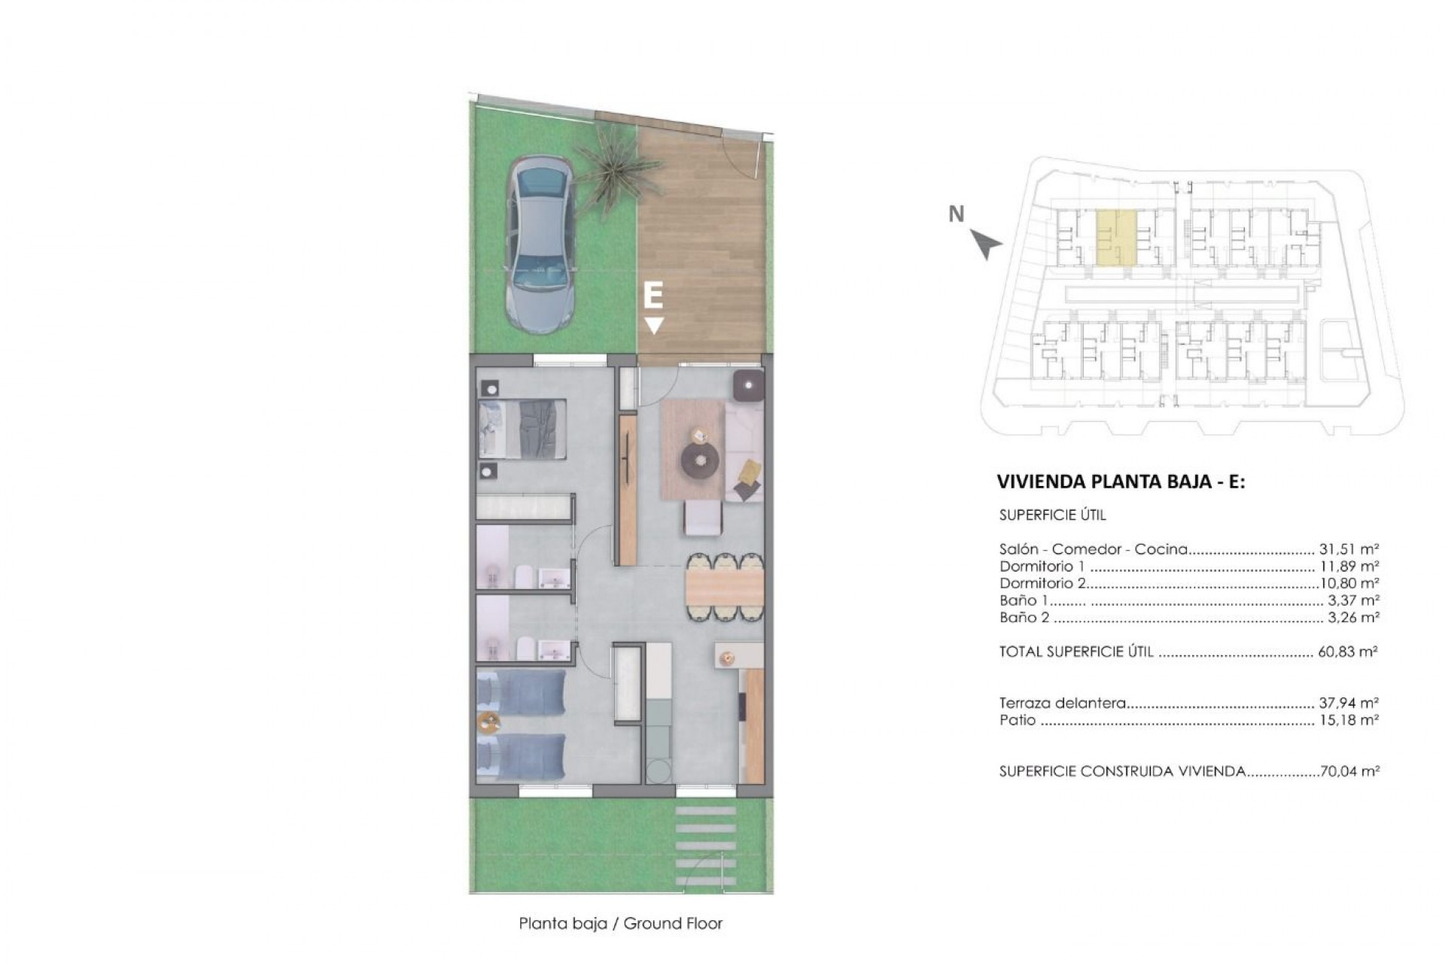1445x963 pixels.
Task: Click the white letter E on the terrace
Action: pyautogui.click(x=653, y=296)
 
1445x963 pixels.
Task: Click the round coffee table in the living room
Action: pyautogui.click(x=701, y=458)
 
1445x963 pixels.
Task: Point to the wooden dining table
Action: pyautogui.click(x=724, y=587)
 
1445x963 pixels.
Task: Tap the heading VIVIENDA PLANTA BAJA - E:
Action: pyautogui.click(x=1121, y=482)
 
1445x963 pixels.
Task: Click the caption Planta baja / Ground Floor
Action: pyautogui.click(x=620, y=924)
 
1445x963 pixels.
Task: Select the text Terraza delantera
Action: pyautogui.click(x=1062, y=703)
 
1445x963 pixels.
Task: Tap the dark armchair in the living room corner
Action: pyautogui.click(x=749, y=386)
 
